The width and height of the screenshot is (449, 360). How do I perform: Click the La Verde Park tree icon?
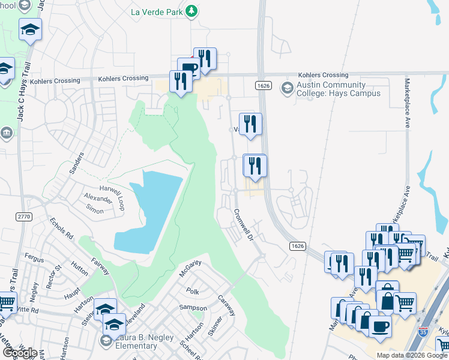coord(191,11)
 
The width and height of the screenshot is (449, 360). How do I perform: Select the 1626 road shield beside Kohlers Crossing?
coord(267,86)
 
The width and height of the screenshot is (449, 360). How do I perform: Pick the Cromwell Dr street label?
coord(244,225)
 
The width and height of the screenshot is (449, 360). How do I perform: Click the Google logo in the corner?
coord(19,352)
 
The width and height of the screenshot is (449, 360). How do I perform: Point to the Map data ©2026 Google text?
coord(412,355)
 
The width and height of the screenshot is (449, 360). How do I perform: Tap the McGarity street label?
coord(190,268)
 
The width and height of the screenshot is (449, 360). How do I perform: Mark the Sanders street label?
coord(77,162)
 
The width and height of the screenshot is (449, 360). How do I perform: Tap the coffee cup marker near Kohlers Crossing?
coord(189,68)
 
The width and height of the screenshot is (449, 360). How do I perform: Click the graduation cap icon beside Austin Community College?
coord(287,89)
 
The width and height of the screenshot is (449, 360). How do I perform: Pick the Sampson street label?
coord(192,308)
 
